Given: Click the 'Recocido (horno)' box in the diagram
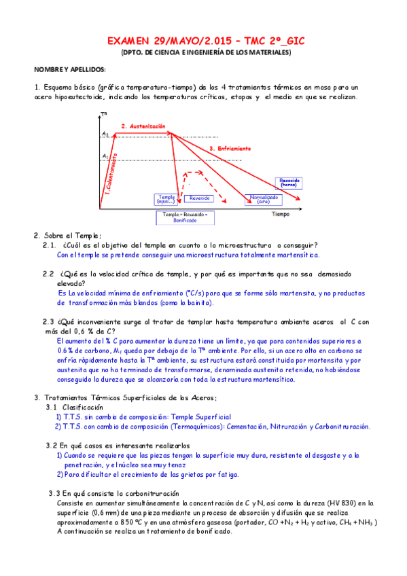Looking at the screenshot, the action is tap(289, 182).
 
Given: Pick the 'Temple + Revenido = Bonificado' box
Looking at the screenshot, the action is tap(185, 217).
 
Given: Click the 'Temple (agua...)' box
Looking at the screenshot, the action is tap(166, 199).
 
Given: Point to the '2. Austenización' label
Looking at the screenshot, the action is tap(143, 126).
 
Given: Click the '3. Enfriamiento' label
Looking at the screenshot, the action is tap(230, 148).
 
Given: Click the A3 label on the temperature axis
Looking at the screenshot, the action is tap(105, 134).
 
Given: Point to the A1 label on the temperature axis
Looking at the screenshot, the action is tap(105, 156).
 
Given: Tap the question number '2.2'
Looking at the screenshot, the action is tap(48, 274).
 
